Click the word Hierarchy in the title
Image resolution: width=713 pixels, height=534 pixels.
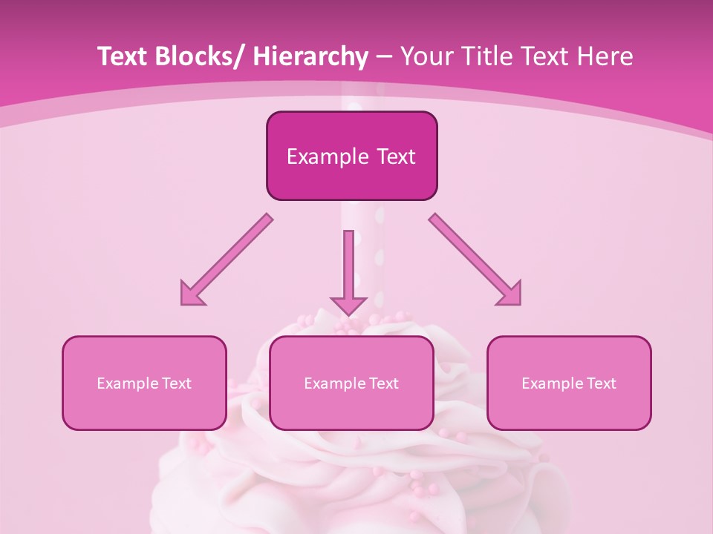(310, 56)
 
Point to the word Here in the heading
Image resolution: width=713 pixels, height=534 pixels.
(607, 56)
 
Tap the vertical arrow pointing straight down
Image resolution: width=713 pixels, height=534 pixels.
(348, 271)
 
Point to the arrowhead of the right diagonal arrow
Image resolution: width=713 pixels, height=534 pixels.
(510, 294)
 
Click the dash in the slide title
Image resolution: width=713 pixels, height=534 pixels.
(384, 57)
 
